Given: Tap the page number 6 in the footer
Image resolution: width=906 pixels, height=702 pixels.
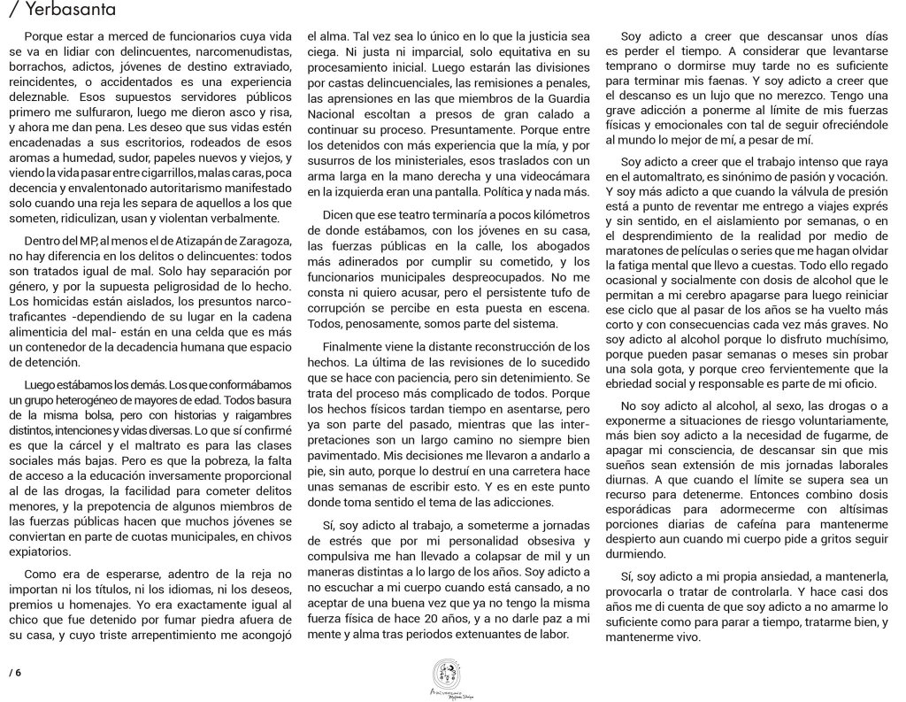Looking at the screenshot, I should [17, 672].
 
